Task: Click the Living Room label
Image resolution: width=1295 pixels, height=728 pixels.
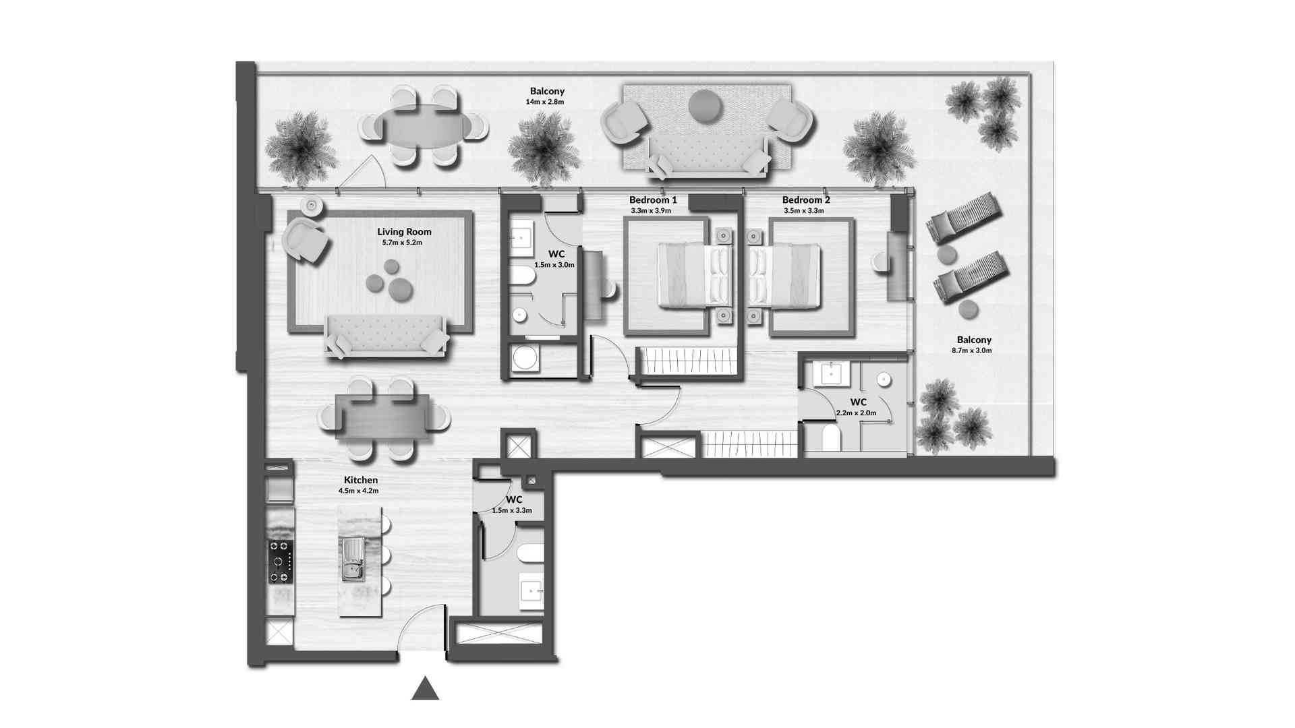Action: (404, 232)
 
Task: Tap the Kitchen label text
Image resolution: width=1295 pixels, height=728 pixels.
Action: (358, 480)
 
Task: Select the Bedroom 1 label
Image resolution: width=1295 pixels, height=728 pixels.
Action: (653, 200)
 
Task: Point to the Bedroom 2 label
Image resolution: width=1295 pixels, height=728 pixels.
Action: (806, 200)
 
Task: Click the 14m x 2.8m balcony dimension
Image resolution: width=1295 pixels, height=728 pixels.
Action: (545, 102)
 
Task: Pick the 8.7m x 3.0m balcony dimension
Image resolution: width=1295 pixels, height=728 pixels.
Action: (972, 351)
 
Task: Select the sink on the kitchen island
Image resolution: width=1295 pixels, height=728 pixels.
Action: (353, 559)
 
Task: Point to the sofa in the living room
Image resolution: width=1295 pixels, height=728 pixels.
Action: (386, 335)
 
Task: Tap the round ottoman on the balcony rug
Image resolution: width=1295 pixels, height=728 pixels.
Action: (706, 106)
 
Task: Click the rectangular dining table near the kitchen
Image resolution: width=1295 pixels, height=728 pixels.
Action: (383, 417)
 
